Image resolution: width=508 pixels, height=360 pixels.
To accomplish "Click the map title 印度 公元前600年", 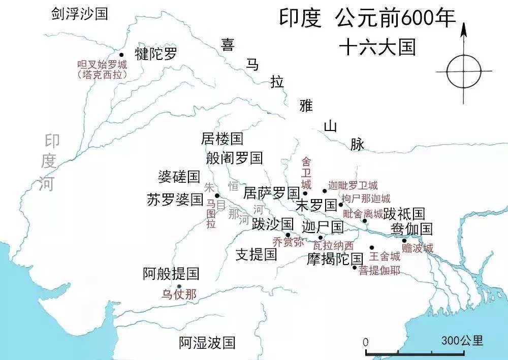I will tap(367, 20).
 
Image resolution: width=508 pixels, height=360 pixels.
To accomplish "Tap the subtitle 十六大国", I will tap(377, 47).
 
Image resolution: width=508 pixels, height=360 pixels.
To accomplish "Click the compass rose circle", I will tap(464, 72).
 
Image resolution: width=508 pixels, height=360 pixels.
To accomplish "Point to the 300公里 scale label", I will tap(462, 340).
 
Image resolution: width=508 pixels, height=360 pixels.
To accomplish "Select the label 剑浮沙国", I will tap(80, 13).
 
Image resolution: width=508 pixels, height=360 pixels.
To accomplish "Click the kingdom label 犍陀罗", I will tap(156, 54).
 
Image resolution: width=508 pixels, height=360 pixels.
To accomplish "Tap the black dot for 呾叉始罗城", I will tap(121, 55).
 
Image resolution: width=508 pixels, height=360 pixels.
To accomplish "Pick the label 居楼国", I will tap(222, 138).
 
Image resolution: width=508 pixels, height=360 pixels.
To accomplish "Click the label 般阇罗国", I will tap(234, 158).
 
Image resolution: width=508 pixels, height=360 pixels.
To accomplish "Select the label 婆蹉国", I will tap(179, 177).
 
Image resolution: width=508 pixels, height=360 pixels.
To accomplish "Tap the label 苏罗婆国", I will tap(175, 200).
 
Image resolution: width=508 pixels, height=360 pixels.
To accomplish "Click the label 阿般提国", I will tap(171, 274).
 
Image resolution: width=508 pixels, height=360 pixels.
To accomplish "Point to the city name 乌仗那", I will tap(179, 294).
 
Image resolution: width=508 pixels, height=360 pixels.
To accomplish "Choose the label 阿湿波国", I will tap(207, 343).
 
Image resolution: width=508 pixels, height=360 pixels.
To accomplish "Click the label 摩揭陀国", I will tap(335, 260).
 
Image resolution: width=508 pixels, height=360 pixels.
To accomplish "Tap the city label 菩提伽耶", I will tap(379, 270).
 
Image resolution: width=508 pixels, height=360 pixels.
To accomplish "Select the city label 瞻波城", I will tap(417, 248).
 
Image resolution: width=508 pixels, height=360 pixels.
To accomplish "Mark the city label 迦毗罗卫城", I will tap(353, 186).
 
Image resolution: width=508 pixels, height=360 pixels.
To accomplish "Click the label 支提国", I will tap(257, 254).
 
